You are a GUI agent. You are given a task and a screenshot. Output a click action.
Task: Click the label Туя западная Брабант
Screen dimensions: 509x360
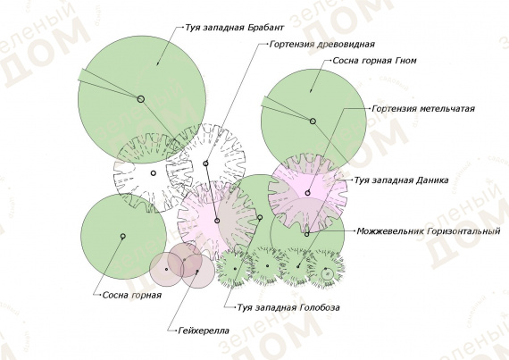click(x=234, y=28)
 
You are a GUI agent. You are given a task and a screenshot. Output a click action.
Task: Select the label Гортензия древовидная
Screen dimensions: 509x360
click(x=322, y=44)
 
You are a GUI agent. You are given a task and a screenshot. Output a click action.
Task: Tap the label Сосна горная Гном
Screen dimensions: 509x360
click(x=374, y=61)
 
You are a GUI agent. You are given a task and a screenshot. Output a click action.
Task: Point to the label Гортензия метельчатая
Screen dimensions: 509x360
click(x=423, y=108)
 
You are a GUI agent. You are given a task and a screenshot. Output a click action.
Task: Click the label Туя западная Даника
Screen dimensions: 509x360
click(x=401, y=180)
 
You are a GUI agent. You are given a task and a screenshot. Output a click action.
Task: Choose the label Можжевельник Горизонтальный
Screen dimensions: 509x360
click(x=428, y=231)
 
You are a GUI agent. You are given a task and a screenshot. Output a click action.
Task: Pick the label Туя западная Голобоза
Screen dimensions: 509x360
click(x=288, y=307)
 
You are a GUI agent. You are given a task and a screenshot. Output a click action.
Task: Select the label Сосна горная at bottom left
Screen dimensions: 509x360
click(x=132, y=296)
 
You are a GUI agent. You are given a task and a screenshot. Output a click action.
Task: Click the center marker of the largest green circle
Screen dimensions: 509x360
click(x=140, y=99)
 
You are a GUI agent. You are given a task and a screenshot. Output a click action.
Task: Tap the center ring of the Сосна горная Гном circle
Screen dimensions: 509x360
click(x=313, y=121)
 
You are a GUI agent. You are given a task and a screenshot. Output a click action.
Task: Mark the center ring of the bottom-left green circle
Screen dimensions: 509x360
click(x=123, y=236)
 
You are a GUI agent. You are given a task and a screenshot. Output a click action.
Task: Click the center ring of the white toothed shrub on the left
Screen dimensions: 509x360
click(x=154, y=173)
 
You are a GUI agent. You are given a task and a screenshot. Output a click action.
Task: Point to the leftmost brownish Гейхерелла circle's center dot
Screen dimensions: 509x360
click(x=166, y=269)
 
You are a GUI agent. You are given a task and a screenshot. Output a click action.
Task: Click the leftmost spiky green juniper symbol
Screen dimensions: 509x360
click(x=235, y=268)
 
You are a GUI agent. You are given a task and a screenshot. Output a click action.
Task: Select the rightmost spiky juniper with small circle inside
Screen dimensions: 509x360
click(x=326, y=269)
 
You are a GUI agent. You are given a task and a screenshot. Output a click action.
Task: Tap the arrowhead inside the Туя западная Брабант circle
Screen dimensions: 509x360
click(x=158, y=63)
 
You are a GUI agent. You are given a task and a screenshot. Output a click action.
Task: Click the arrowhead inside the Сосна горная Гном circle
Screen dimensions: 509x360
click(x=311, y=90)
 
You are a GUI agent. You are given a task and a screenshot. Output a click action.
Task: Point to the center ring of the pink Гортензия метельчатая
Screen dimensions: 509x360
click(x=307, y=193)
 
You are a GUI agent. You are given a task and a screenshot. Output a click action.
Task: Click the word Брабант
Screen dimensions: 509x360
click(x=265, y=28)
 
